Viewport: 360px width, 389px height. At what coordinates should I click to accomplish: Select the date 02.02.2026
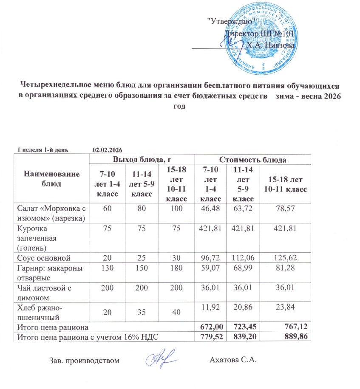[x=108, y=150]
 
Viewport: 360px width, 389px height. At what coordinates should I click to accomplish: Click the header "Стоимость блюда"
[x=252, y=160]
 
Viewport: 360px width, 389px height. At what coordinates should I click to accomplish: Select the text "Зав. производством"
[x=82, y=361]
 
